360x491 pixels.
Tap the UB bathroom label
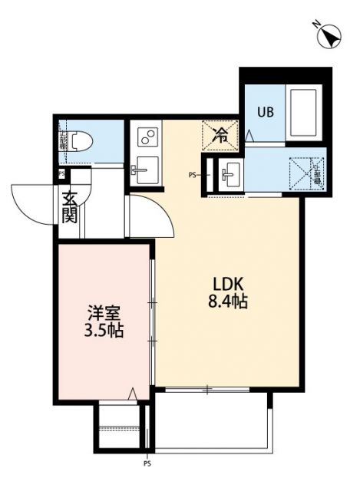click(x=266, y=110)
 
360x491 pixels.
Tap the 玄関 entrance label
click(x=69, y=207)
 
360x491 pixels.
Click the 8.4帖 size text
click(x=227, y=302)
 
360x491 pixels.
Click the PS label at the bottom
click(x=147, y=463)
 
